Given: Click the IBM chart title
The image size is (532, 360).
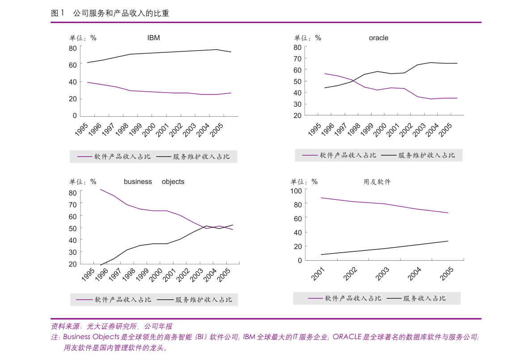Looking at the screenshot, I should (x=153, y=38).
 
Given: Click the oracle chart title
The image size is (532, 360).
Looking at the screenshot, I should (x=378, y=38).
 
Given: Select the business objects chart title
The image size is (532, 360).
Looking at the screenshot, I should (x=154, y=182).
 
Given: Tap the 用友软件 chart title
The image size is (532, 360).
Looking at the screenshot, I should (x=377, y=182).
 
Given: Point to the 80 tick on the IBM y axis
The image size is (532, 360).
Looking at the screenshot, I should (x=72, y=48).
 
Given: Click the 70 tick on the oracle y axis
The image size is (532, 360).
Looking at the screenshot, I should (x=297, y=59).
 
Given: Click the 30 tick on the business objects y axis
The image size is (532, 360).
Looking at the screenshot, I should (x=72, y=252).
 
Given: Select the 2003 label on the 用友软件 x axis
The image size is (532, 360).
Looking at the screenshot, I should (x=383, y=273).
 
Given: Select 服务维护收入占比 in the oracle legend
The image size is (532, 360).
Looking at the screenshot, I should (x=426, y=155).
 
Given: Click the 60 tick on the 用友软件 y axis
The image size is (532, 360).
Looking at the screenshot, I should (x=297, y=218).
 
